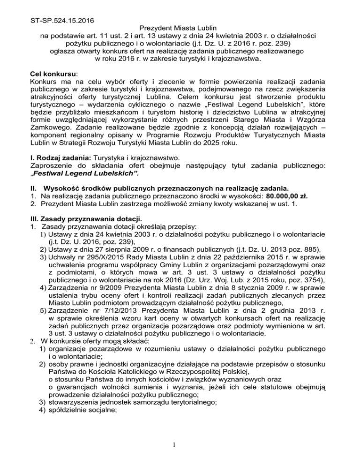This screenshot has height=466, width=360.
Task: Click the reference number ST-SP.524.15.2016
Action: click(x=60, y=8)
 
